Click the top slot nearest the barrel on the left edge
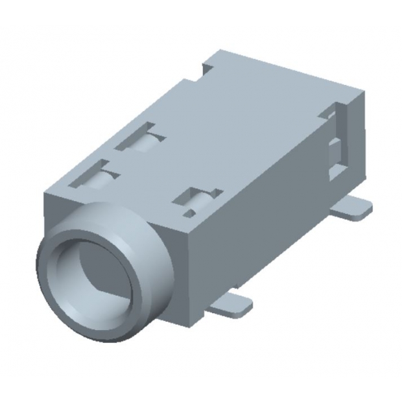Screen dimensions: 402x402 [x=95, y=175]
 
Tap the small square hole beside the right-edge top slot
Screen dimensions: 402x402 [x=189, y=213]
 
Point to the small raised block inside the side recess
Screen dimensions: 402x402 [x=335, y=156]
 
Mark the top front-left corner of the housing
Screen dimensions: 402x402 [x=45, y=193]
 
